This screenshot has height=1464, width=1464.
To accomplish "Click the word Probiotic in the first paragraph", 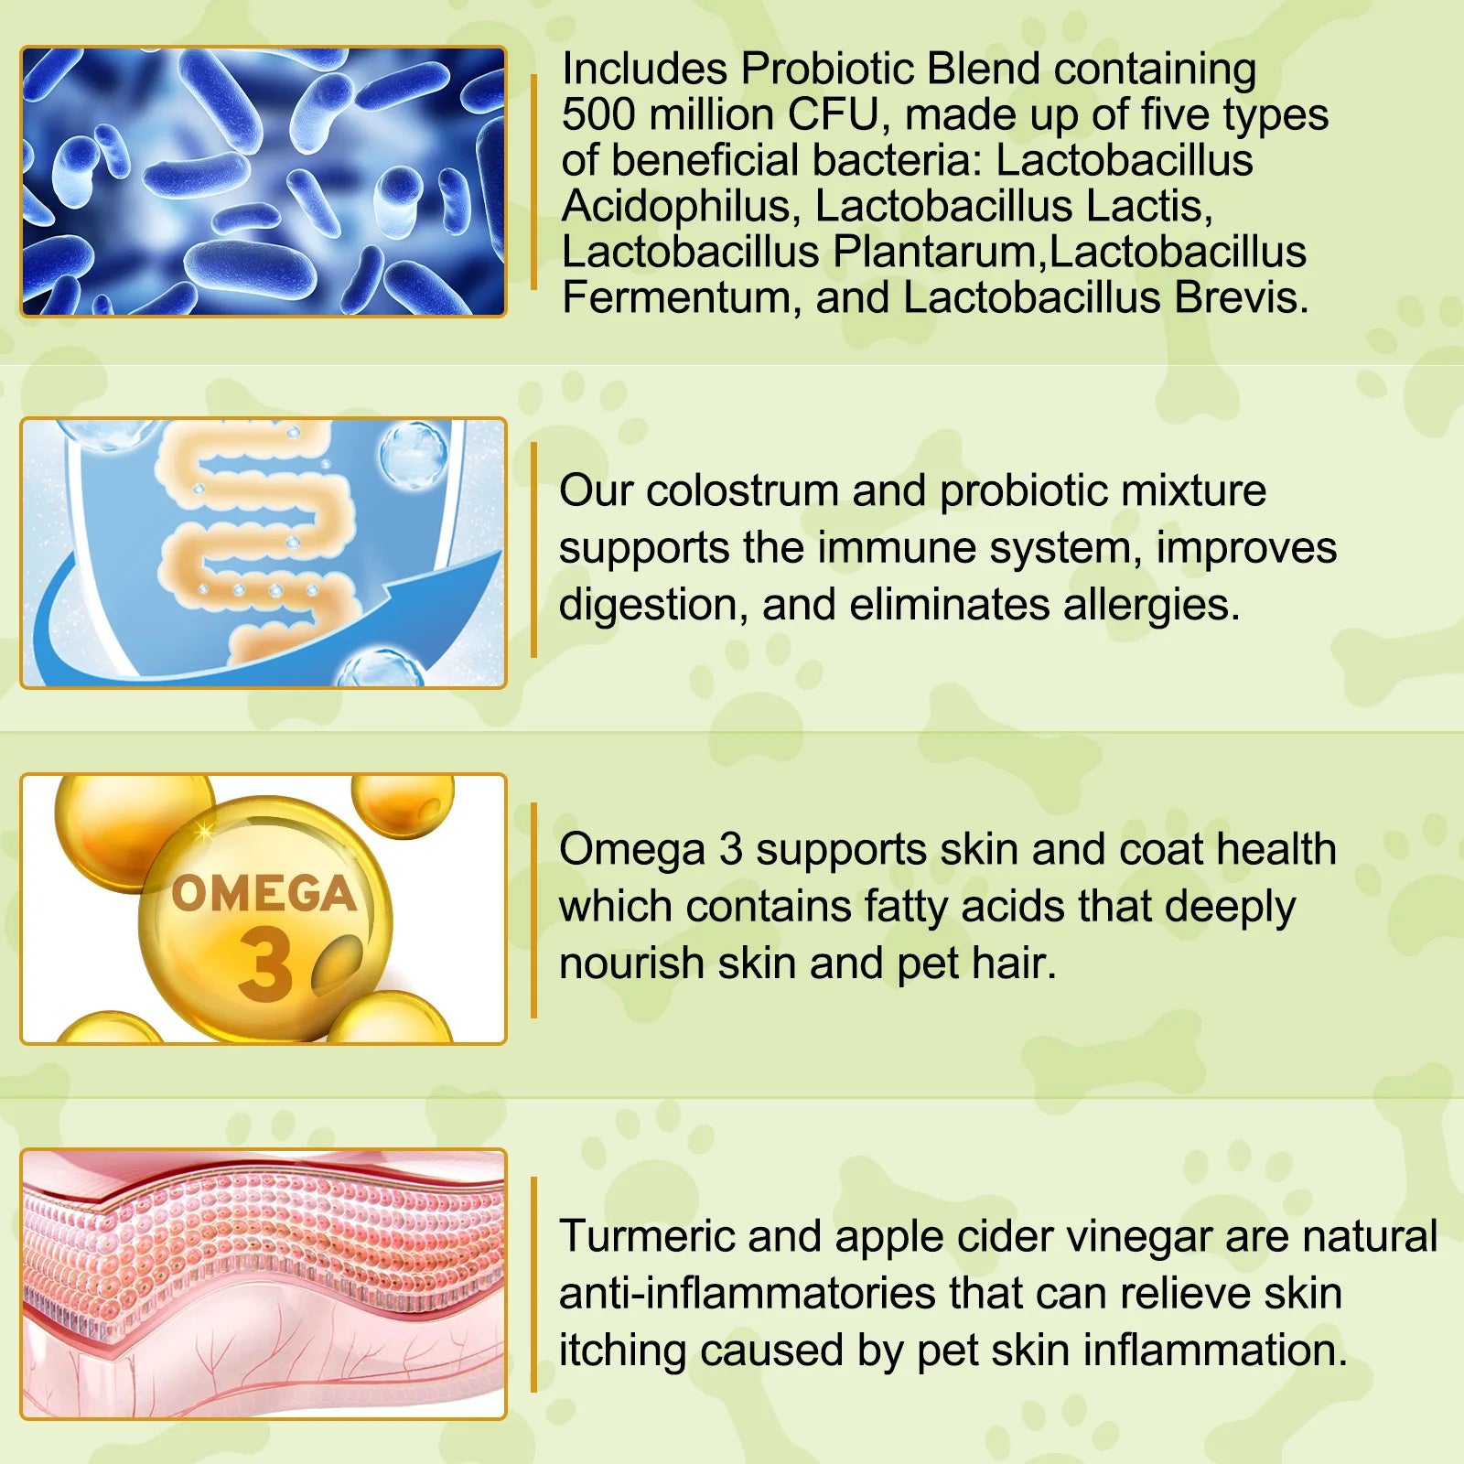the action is pos(829,69).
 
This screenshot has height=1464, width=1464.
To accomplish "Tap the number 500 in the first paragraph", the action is pos(598,114).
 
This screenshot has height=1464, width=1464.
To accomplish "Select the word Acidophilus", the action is pos(676,206).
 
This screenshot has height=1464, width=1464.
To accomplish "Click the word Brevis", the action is pos(1241,297).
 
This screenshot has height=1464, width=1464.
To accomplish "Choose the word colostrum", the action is pos(742,490).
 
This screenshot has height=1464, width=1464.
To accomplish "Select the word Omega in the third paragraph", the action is pos(632,850).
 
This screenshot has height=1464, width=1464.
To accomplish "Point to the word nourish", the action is pos(631,963).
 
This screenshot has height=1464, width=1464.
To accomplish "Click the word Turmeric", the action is pos(647,1236).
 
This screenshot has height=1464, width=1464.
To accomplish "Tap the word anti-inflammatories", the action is pos(747,1294).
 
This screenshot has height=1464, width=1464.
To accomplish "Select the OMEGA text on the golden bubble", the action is pos(264,894).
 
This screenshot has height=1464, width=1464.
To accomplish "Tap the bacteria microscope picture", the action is pos(264,181).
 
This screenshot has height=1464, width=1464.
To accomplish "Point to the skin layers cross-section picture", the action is pos(264,1284).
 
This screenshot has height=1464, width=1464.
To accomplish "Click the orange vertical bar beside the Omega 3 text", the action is pos(533,910).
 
